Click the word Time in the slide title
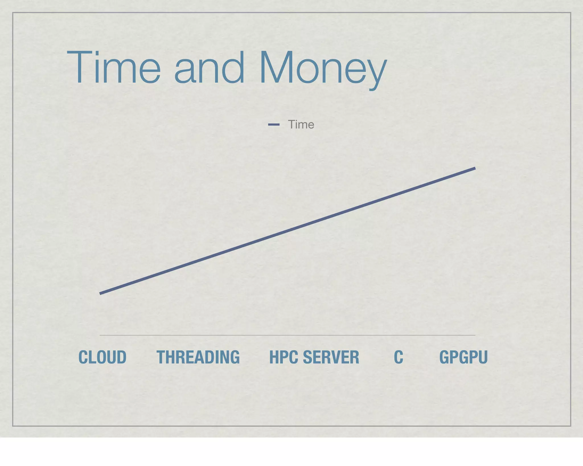[114, 68]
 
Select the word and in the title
[209, 68]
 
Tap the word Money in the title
[323, 68]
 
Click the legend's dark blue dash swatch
[274, 124]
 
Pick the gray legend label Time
[301, 124]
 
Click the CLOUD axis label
[102, 357]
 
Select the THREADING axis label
[198, 357]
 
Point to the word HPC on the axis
[283, 357]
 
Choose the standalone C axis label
[399, 357]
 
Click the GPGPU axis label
[463, 357]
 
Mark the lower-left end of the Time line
[100, 293]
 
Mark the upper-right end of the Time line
[475, 169]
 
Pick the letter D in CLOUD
[121, 357]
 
